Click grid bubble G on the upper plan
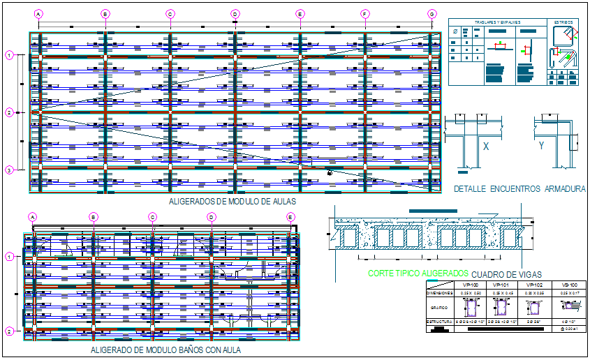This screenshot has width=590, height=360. [432, 14]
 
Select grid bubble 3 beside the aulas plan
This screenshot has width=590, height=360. [9, 170]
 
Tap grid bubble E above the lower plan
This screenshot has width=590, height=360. [290, 217]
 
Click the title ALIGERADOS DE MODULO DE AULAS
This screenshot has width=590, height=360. [233, 201]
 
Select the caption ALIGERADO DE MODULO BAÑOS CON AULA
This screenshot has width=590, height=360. [165, 350]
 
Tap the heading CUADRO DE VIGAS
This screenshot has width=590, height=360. [507, 274]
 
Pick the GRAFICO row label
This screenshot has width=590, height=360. [438, 306]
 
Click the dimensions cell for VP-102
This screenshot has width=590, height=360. [534, 294]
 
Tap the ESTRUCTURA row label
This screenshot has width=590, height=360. [438, 321]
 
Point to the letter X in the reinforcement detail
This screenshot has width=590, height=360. [485, 147]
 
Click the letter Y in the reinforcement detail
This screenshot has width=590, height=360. [541, 146]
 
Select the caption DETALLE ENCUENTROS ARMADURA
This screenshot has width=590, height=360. [519, 189]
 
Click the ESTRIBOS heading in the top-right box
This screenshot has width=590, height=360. [562, 22]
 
